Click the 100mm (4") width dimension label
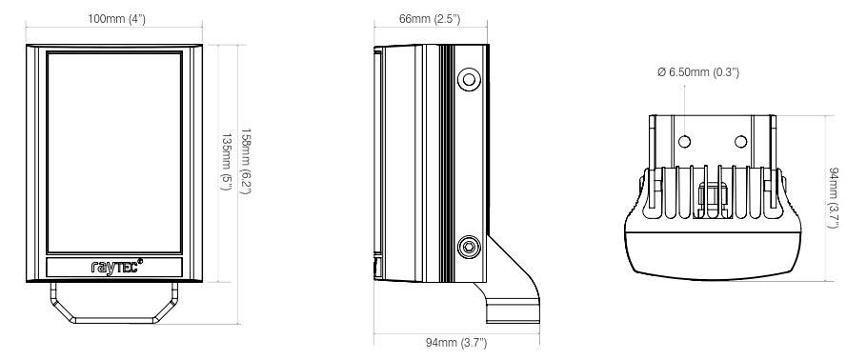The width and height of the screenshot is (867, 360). click(119, 20)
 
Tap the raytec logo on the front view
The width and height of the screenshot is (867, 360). click(112, 268)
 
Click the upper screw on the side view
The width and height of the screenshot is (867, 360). click(468, 79)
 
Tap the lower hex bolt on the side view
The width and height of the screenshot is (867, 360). click(468, 247)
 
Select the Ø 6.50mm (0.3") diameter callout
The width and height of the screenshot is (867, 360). click(698, 71)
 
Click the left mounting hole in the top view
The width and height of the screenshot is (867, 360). click(683, 141)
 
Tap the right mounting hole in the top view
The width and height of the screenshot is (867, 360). click(740, 141)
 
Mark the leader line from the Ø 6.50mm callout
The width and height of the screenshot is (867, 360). click(683, 105)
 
